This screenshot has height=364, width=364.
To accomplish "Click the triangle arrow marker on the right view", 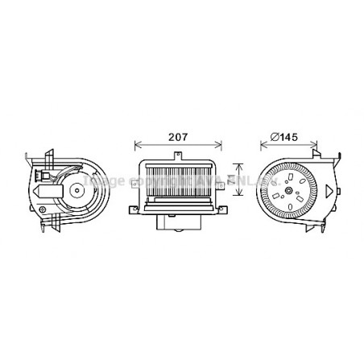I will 331,190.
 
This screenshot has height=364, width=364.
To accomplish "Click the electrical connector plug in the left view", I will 44,186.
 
